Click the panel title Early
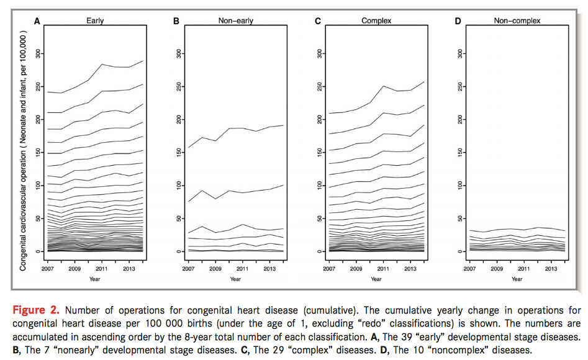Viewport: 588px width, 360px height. tap(95, 20)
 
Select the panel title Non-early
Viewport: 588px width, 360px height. tap(235, 20)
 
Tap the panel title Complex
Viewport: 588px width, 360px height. tap(376, 20)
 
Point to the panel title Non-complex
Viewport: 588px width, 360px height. tap(517, 20)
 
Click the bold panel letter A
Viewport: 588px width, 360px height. tap(37, 21)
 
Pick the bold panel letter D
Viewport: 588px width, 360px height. tap(458, 21)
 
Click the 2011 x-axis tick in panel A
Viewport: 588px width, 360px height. tap(102, 269)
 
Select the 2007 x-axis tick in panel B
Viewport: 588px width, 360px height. tap(188, 269)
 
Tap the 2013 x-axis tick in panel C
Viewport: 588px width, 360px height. tap(410, 269)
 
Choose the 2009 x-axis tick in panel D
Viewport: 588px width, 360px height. tap(497, 269)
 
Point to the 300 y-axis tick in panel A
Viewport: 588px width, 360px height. tap(37, 53)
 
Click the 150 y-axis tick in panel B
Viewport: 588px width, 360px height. tap(178, 152)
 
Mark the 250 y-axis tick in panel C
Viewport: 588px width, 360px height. tap(319, 86)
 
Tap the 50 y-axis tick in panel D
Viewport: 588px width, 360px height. tap(459, 218)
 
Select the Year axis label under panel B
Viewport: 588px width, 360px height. tap(235, 279)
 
